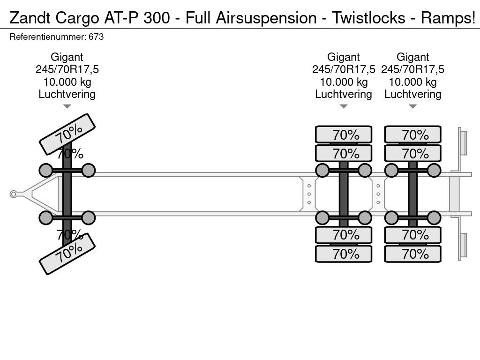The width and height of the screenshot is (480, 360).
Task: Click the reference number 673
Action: tap(96, 37)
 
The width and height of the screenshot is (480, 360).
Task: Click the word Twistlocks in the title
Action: tap(368, 18)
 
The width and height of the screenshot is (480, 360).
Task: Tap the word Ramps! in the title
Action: tap(448, 18)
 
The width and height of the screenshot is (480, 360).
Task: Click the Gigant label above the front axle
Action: tap(67, 57)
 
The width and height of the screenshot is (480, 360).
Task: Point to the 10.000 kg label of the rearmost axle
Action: tap(412, 82)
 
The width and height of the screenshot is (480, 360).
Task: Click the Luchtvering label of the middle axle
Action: tap(344, 94)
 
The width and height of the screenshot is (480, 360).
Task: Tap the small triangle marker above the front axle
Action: tap(67, 106)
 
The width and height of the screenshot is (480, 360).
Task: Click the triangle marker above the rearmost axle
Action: tap(412, 106)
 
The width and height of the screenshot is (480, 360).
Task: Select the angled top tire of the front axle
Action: tap(67, 134)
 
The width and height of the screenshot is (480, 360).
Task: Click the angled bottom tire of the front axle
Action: tap(67, 254)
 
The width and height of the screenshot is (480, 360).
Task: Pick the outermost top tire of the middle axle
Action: tap(344, 134)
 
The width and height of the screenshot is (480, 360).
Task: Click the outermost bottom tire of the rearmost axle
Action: tap(412, 254)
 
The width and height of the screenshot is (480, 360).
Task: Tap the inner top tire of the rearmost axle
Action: tap(412, 153)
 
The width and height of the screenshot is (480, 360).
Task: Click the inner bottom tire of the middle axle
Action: tap(344, 235)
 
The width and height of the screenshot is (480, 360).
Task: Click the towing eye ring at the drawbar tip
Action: tap(13, 194)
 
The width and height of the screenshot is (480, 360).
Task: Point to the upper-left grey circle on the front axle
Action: tap(46, 170)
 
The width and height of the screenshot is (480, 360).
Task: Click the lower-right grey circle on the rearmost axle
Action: tap(434, 218)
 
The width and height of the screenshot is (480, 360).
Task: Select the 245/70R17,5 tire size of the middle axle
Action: tap(344, 69)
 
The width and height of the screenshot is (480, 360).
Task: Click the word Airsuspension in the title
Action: tap(266, 18)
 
